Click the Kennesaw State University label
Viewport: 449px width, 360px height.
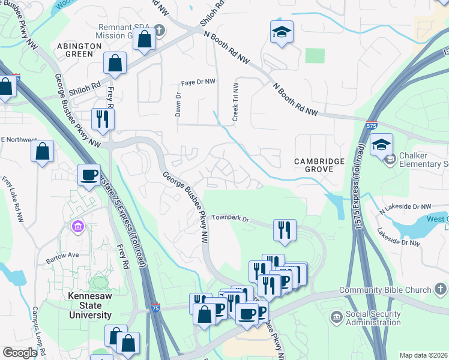point(89,305)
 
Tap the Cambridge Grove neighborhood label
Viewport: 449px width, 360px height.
point(319,166)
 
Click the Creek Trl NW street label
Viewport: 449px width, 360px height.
point(235,97)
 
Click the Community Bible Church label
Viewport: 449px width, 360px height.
point(385,290)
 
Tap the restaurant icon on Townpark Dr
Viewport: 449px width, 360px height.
point(285,230)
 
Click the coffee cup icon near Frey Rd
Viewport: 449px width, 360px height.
point(89,175)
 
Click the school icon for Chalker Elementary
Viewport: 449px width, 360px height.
point(381,145)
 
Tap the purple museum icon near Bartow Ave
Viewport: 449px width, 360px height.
point(77,227)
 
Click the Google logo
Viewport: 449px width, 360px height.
point(19,353)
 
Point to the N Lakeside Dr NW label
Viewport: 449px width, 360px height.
point(405,206)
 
